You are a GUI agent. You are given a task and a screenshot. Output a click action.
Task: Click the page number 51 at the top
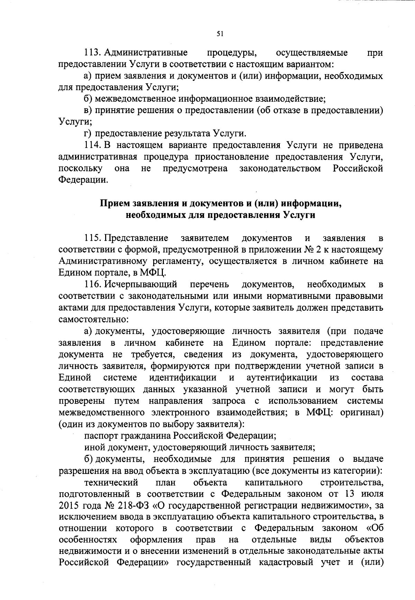click(x=220, y=34)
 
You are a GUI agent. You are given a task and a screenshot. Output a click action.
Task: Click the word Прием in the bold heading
click(x=113, y=203)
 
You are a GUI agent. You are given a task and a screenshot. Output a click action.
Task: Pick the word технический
click(x=111, y=482)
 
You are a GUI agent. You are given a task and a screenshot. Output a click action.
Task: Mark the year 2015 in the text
click(x=70, y=506)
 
